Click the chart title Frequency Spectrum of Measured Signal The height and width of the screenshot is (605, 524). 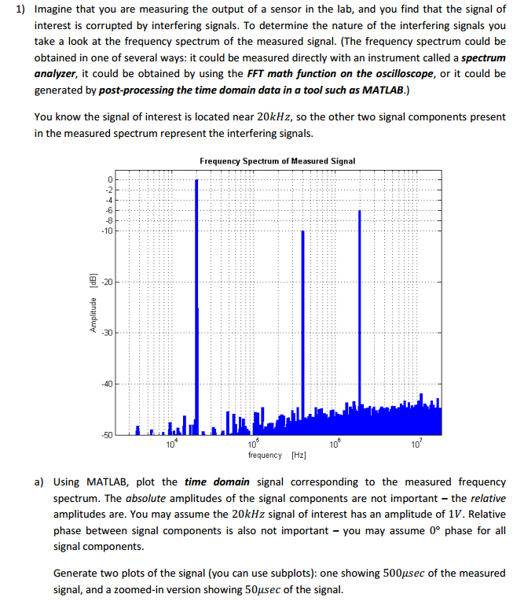coord(277,160)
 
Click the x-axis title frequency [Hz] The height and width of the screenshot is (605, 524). coord(277,456)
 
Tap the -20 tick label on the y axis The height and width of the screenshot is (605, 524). coord(108,282)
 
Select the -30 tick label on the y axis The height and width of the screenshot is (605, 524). coord(108,333)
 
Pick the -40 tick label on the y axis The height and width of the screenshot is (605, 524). coord(108,384)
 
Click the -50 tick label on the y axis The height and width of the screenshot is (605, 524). coord(108,434)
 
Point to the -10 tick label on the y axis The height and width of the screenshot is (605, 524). coord(108,231)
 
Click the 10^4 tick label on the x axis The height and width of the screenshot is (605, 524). coord(171,446)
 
